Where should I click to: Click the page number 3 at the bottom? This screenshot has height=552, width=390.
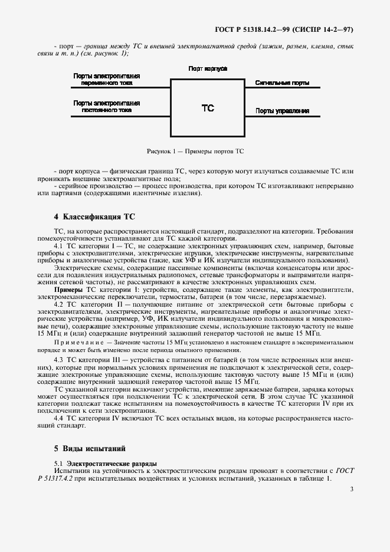[352, 489]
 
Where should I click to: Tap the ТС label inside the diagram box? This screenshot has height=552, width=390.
[208, 108]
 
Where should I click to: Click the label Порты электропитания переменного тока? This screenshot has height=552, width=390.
[107, 80]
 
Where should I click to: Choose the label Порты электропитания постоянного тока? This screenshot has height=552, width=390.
[107, 106]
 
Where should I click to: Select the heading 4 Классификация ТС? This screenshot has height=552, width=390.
[87, 217]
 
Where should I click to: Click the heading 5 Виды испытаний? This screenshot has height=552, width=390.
[82, 449]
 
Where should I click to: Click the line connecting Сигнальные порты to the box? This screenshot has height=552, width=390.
[283, 88]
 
